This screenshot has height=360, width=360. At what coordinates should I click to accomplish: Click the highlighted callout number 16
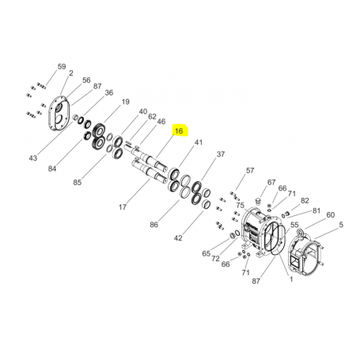point(179,131)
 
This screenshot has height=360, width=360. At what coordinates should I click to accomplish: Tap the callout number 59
point(62,66)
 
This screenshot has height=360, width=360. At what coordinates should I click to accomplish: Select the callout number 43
point(33,158)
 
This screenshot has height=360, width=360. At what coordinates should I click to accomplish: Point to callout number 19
point(125,102)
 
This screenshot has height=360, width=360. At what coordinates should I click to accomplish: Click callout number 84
point(52,169)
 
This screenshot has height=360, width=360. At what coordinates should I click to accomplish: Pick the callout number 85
point(78,182)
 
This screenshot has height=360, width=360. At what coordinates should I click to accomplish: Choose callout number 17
point(123,207)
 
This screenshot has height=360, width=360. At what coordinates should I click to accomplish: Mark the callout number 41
point(199,142)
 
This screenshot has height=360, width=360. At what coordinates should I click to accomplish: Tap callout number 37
point(221,154)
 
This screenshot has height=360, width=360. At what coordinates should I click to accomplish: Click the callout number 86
point(154,225)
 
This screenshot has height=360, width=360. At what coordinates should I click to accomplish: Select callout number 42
point(178,238)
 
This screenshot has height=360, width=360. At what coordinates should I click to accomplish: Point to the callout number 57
point(250,171)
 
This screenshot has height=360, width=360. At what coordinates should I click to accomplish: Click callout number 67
point(271,182)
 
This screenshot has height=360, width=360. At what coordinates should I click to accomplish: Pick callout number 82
point(305,201)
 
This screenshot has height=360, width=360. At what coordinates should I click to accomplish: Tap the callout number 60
point(331,215)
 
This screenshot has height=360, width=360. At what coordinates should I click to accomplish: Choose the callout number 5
point(341,225)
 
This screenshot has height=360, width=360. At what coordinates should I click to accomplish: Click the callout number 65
point(207,254)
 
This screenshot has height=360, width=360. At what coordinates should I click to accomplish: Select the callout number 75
point(241,206)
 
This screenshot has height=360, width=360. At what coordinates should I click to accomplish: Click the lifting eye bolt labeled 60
point(301,233)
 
